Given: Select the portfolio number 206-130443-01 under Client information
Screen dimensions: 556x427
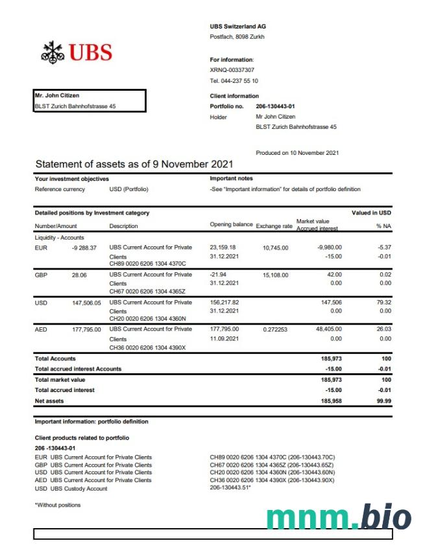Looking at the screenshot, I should click(275, 106).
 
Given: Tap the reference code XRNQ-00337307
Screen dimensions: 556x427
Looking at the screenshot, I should click(232, 70).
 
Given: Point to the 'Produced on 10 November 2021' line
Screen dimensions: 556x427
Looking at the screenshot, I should click(297, 153).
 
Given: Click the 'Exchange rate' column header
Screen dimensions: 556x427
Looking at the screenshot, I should click(274, 226).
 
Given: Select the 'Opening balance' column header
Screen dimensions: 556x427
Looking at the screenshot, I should click(231, 224).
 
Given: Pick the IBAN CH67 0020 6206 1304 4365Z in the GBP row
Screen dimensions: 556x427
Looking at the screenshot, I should click(147, 291).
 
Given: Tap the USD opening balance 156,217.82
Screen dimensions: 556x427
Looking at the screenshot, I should click(225, 302).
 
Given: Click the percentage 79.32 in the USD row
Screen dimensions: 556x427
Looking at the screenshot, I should click(383, 302).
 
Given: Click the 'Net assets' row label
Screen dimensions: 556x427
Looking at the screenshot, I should click(49, 401).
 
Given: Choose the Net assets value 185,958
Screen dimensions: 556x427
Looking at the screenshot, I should click(331, 401).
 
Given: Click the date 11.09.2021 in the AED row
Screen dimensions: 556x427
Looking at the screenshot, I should click(224, 339).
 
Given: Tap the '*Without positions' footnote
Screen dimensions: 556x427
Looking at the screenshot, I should click(58, 505).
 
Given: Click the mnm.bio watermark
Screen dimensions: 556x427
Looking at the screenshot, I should click(339, 518).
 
